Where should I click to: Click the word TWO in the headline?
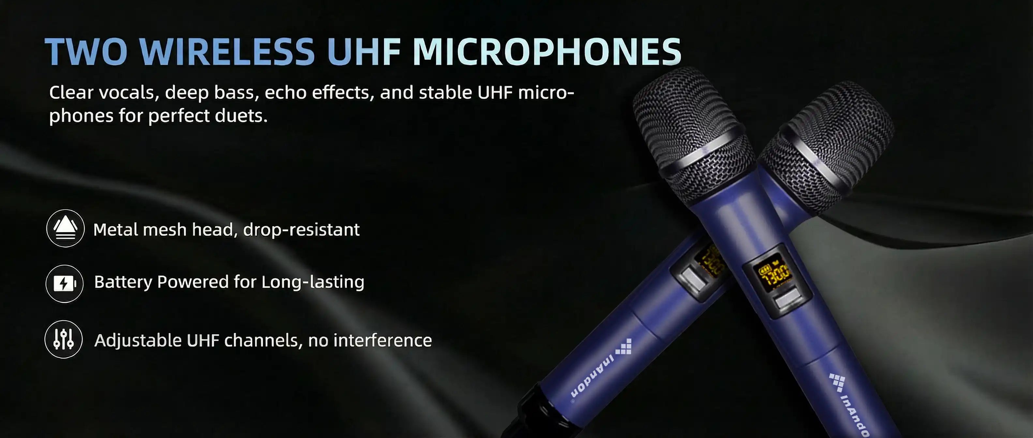pyautogui.click(x=86, y=52)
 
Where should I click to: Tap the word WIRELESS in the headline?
pyautogui.click(x=227, y=52)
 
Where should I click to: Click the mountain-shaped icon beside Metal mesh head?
pyautogui.click(x=65, y=228)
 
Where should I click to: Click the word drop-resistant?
pyautogui.click(x=301, y=230)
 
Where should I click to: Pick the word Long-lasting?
pyautogui.click(x=313, y=282)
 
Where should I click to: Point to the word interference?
pyautogui.click(x=382, y=340)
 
